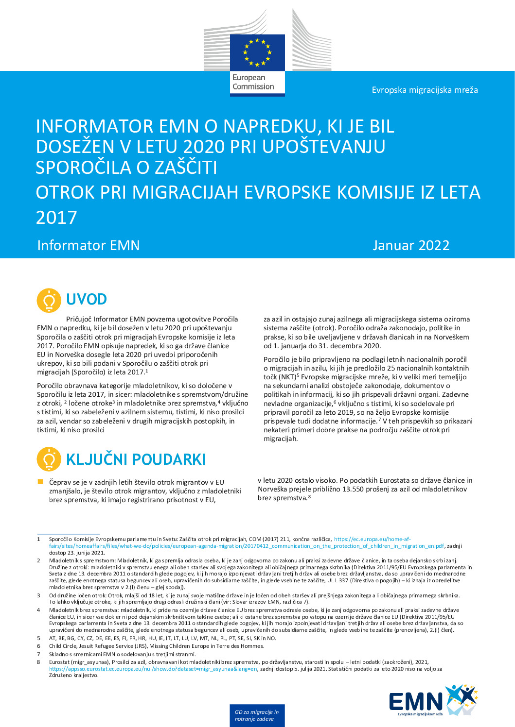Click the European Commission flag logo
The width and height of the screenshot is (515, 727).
(x=257, y=52)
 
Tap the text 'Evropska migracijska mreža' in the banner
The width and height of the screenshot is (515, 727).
(x=425, y=90)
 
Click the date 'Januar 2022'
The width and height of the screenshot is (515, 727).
(x=411, y=245)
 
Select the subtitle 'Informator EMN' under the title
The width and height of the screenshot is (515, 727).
(x=89, y=245)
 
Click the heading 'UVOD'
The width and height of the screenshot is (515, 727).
(x=87, y=299)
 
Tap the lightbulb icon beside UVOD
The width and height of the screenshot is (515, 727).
(x=49, y=300)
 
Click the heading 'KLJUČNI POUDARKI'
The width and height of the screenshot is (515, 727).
(x=136, y=459)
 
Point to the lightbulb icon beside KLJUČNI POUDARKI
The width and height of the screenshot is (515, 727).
(x=49, y=459)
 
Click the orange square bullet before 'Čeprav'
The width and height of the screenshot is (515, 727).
(x=40, y=482)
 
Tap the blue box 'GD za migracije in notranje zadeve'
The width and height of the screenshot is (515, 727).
(x=257, y=715)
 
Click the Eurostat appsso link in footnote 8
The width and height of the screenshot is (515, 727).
(x=153, y=669)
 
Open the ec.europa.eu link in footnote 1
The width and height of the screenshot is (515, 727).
(x=372, y=539)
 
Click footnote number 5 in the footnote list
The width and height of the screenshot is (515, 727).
(x=39, y=638)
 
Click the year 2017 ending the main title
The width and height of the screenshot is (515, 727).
(x=56, y=218)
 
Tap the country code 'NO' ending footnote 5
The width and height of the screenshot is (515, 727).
(x=271, y=638)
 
